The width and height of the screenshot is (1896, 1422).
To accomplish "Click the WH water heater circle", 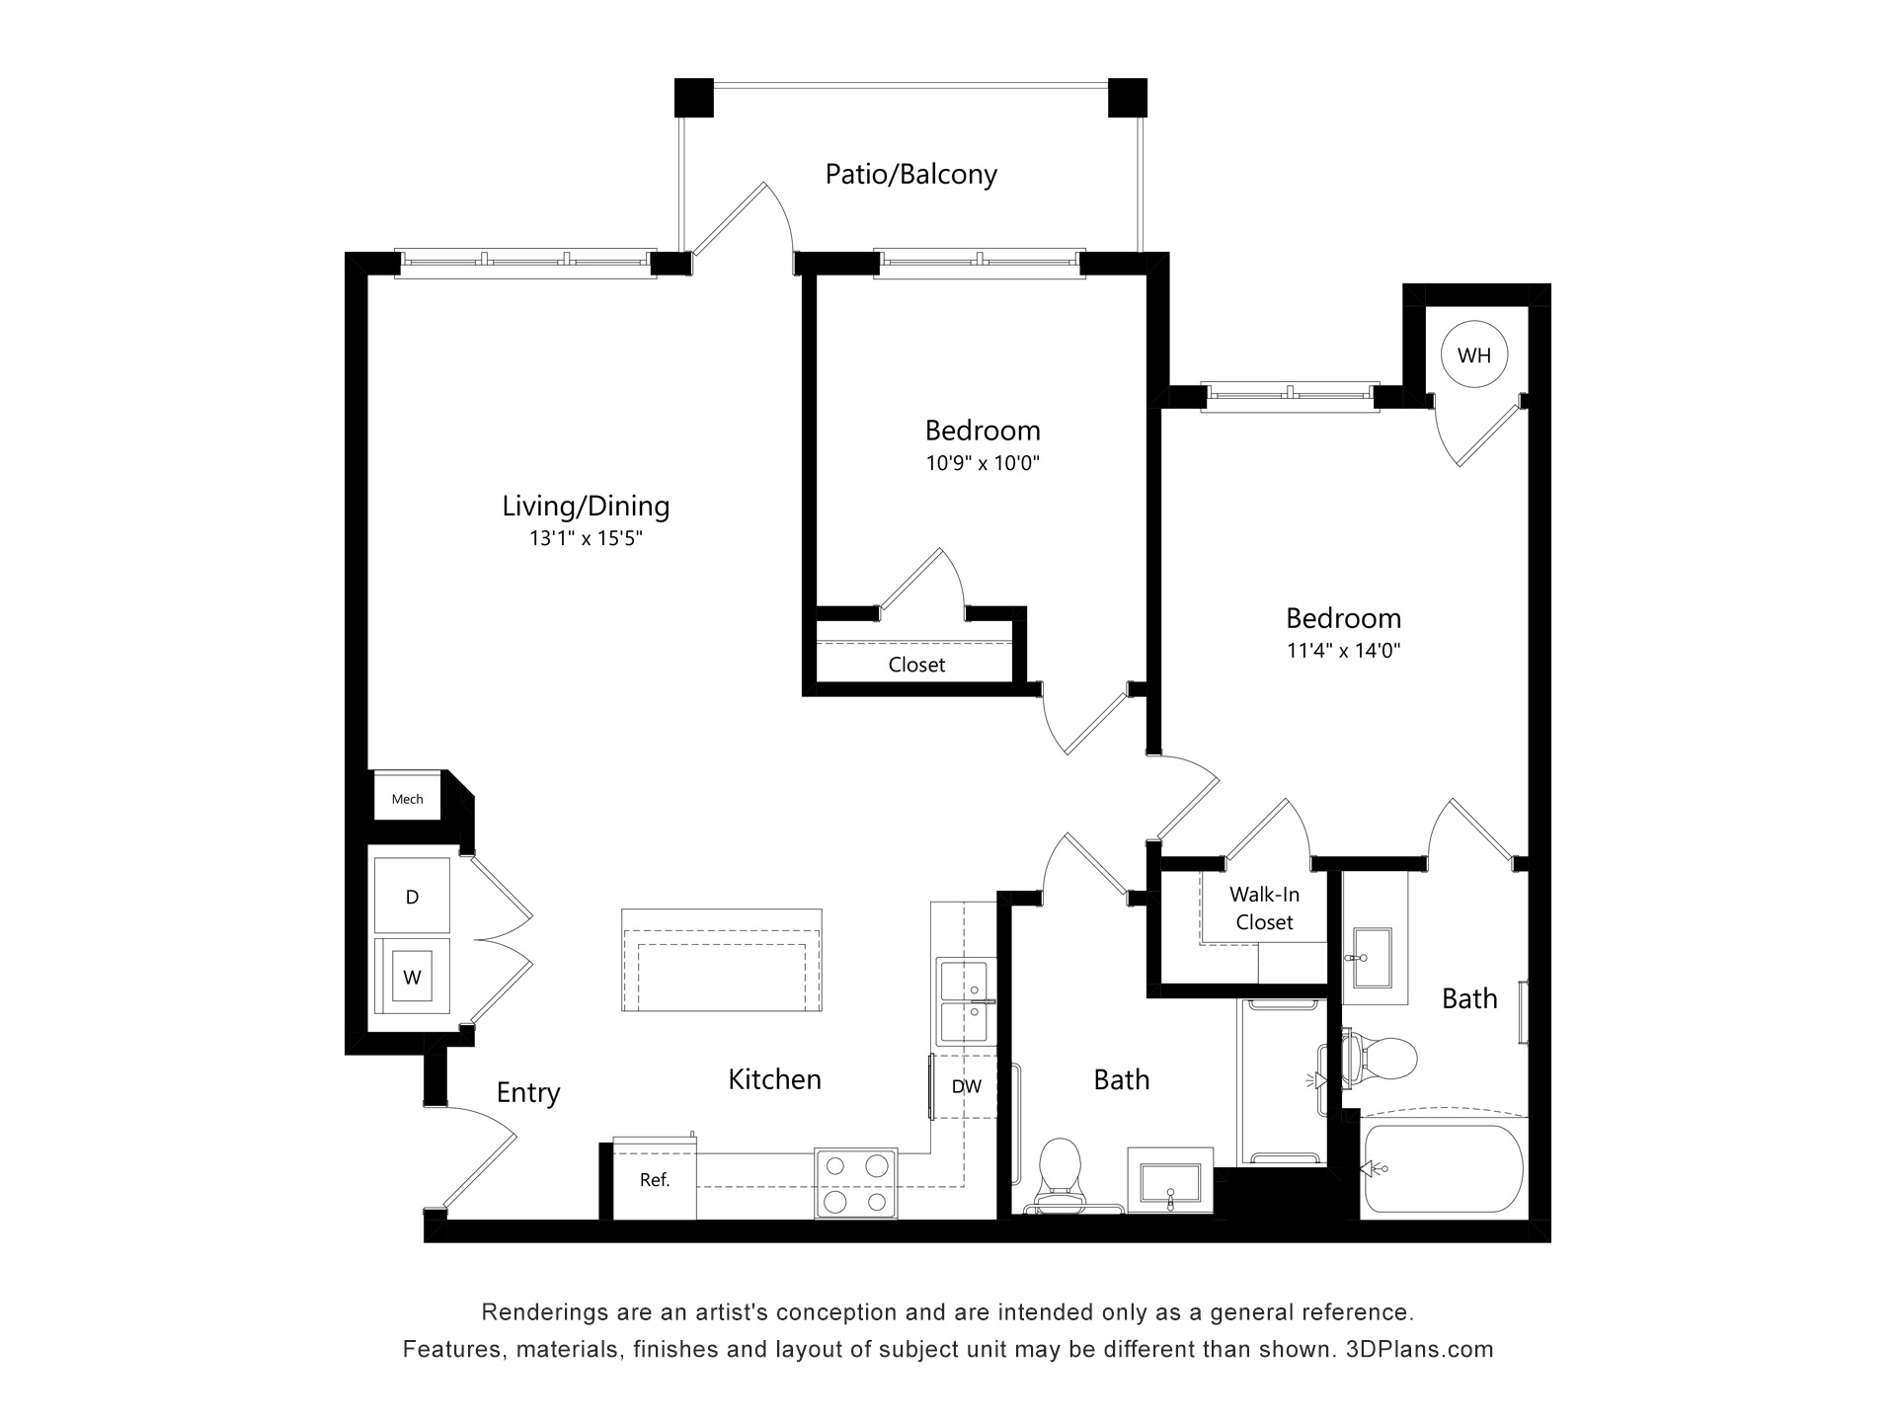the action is tap(1473, 355).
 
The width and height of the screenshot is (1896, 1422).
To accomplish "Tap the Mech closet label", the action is tap(407, 799).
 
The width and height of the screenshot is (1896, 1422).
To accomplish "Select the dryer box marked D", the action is tap(412, 896).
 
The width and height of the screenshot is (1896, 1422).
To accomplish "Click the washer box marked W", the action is tap(412, 977).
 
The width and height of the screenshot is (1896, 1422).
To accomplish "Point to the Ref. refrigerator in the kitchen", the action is tap(655, 1179).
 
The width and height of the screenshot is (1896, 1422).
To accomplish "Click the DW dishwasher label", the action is tap(966, 1086).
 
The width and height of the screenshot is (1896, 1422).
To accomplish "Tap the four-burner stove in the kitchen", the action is tap(855, 1183).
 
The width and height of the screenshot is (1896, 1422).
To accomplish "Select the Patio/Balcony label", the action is tap(910, 175).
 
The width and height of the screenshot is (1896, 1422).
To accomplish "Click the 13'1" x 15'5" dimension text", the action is tap(586, 538).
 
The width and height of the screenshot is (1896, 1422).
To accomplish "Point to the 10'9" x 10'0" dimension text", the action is tap(983, 462).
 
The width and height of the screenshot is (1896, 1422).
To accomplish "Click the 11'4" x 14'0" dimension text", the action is tap(1343, 650).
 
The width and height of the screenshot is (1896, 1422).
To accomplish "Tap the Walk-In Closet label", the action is tap(1264, 908).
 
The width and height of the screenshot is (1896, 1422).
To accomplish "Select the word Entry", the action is tap(528, 1092).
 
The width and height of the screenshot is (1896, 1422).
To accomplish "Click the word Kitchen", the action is tap(774, 1078).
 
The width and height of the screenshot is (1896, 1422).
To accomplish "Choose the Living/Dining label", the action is tap(586, 506).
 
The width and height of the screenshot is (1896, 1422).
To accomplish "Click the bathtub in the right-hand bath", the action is tap(1444, 1168).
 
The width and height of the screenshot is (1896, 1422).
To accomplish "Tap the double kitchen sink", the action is tap(966, 1001).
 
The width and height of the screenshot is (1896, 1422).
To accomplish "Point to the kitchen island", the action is tap(722, 959).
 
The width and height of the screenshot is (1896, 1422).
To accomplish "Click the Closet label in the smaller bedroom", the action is tap(916, 665).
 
